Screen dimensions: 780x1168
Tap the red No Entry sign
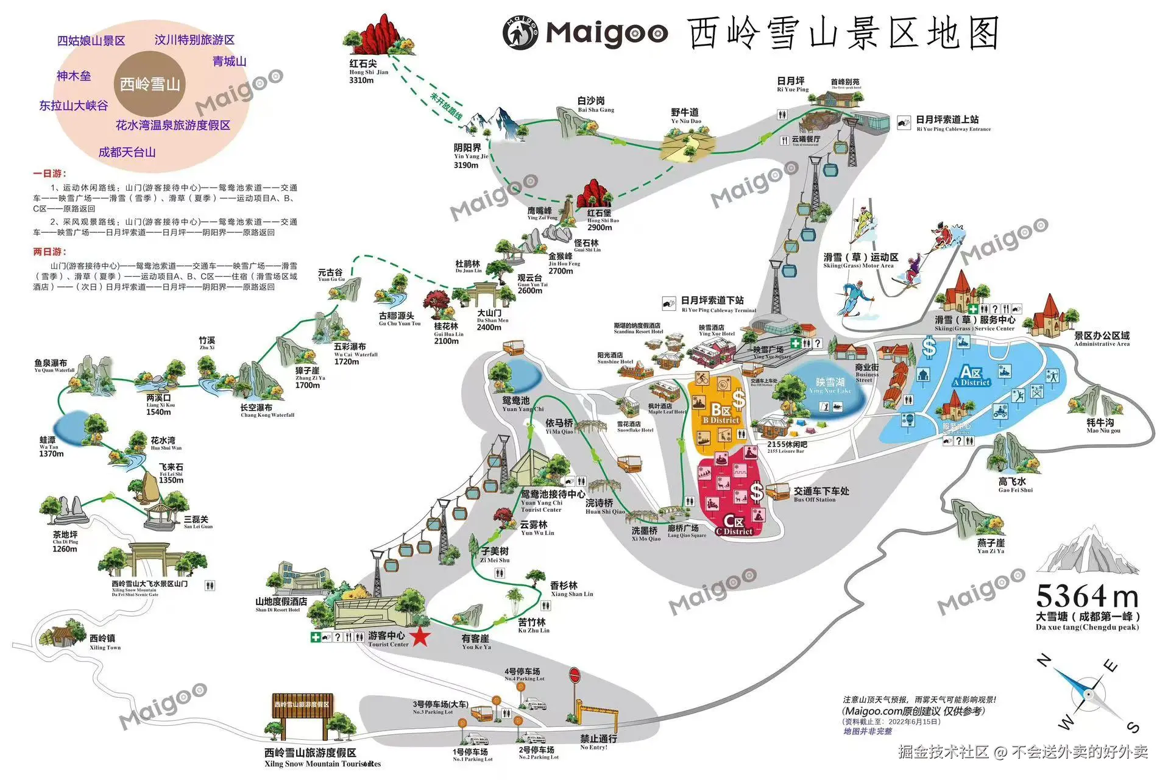click(575, 676)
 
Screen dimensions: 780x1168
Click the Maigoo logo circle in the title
click(520, 33)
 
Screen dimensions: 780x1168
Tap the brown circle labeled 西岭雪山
click(150, 84)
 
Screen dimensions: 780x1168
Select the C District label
click(734, 525)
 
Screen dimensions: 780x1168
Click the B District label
click(721, 414)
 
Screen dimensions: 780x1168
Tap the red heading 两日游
click(49, 252)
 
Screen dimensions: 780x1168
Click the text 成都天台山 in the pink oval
click(127, 152)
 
